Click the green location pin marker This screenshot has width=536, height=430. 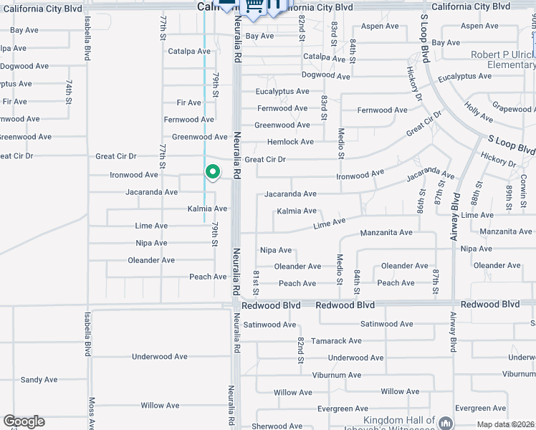(212, 172)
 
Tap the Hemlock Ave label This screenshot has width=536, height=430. (290, 142)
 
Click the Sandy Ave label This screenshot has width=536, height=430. (33, 380)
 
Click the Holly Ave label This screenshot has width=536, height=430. (478, 111)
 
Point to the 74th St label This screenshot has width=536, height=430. (69, 91)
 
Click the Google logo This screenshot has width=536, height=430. (24, 421)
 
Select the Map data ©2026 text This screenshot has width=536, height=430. (504, 425)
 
